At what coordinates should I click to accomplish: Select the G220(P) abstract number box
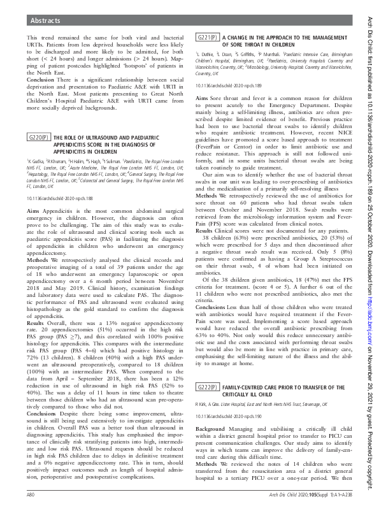39,138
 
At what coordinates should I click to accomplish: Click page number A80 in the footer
31,495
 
